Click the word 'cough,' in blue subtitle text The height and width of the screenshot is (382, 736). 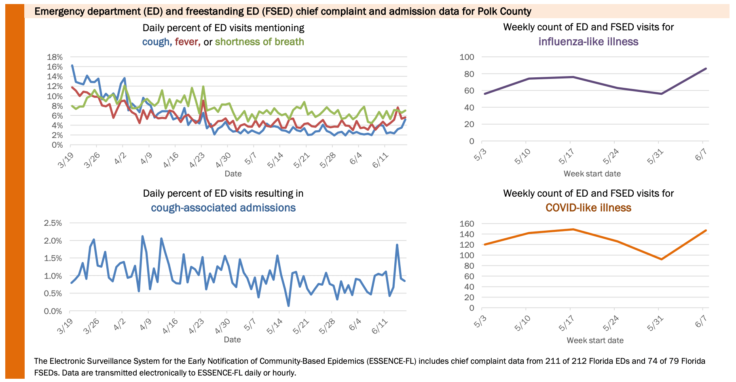click(x=156, y=42)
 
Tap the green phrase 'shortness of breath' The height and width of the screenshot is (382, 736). click(x=259, y=42)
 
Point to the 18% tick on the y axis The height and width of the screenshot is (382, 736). click(x=55, y=57)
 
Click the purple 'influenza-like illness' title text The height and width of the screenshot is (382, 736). click(x=588, y=42)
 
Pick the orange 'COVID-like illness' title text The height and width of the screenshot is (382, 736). click(x=588, y=208)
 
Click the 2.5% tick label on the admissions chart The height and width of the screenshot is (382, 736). click(x=53, y=223)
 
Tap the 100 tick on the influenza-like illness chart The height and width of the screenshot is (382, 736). click(x=467, y=57)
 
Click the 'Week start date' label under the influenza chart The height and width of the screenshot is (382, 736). click(x=592, y=174)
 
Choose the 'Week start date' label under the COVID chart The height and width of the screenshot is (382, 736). click(x=595, y=341)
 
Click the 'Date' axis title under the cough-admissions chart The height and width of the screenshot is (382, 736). click(x=233, y=340)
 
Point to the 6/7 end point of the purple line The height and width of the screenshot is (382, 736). click(x=706, y=68)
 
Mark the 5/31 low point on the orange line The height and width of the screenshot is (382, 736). click(x=661, y=259)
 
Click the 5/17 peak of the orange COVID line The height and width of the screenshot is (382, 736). click(x=573, y=229)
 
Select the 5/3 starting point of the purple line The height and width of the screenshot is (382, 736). click(x=484, y=94)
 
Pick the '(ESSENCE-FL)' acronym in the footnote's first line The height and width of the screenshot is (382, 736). click(x=391, y=361)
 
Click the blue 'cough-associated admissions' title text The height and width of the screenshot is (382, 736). click(x=223, y=208)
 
